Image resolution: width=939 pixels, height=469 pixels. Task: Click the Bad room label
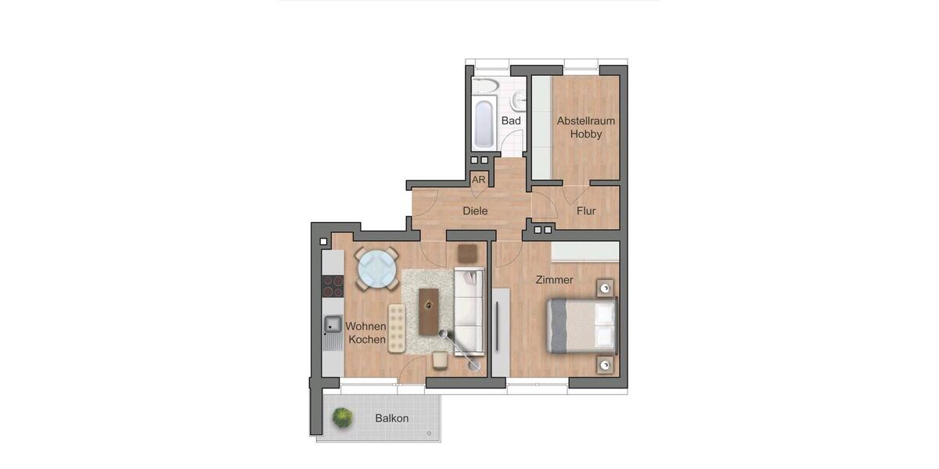tap(511, 121)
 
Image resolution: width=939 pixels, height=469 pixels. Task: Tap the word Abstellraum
tap(586, 121)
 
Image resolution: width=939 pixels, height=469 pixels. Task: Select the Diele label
tap(475, 211)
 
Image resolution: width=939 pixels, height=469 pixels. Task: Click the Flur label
tap(586, 211)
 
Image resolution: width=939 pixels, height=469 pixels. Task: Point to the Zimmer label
tap(554, 280)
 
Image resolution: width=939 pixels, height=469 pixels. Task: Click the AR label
tap(479, 180)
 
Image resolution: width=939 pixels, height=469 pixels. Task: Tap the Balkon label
tap(391, 418)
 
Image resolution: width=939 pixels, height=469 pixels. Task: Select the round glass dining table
tap(376, 269)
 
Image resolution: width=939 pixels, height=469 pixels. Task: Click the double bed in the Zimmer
tap(581, 324)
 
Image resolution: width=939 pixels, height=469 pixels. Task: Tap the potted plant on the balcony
tap(342, 417)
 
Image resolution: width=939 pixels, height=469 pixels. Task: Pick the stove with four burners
tap(333, 286)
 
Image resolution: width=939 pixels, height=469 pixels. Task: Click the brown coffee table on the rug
tap(429, 310)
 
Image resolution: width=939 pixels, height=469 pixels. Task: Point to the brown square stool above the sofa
tap(467, 253)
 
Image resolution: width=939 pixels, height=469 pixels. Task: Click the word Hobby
tap(586, 134)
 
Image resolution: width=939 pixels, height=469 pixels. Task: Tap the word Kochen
tap(367, 339)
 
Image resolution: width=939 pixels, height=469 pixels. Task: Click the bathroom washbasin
tap(519, 100)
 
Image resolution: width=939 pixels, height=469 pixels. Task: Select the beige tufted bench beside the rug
tap(397, 328)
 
